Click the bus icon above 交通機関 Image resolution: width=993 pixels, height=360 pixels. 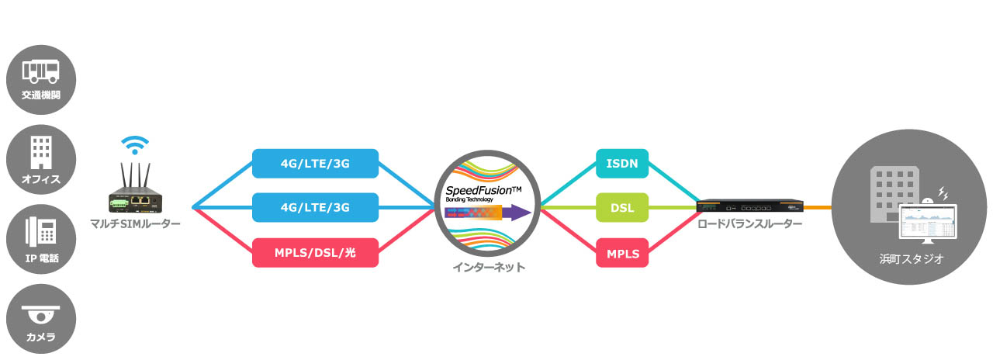click(41, 72)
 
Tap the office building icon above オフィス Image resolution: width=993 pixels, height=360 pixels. click(41, 152)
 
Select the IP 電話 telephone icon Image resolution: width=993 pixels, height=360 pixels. click(41, 231)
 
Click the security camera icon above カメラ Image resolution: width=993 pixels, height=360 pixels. click(41, 314)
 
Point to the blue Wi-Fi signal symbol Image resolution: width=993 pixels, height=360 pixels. click(135, 145)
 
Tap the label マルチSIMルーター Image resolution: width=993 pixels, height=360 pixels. click(135, 224)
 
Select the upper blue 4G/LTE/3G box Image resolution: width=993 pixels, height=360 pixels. click(315, 164)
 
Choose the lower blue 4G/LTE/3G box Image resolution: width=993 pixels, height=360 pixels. click(315, 207)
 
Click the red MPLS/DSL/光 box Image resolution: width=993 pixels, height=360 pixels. click(315, 253)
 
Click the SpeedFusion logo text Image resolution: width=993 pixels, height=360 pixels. click(483, 191)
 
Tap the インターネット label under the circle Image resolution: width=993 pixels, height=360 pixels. click(489, 268)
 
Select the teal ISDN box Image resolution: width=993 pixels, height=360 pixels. click(622, 164)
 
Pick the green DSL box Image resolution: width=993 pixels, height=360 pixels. click(622, 207)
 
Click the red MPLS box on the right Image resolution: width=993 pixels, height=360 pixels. click(622, 253)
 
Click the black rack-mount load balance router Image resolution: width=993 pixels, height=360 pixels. click(750, 206)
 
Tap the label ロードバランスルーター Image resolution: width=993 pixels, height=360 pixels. click(750, 224)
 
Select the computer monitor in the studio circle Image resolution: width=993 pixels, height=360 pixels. click(928, 224)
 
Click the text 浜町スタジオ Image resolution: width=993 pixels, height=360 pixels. click(912, 259)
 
